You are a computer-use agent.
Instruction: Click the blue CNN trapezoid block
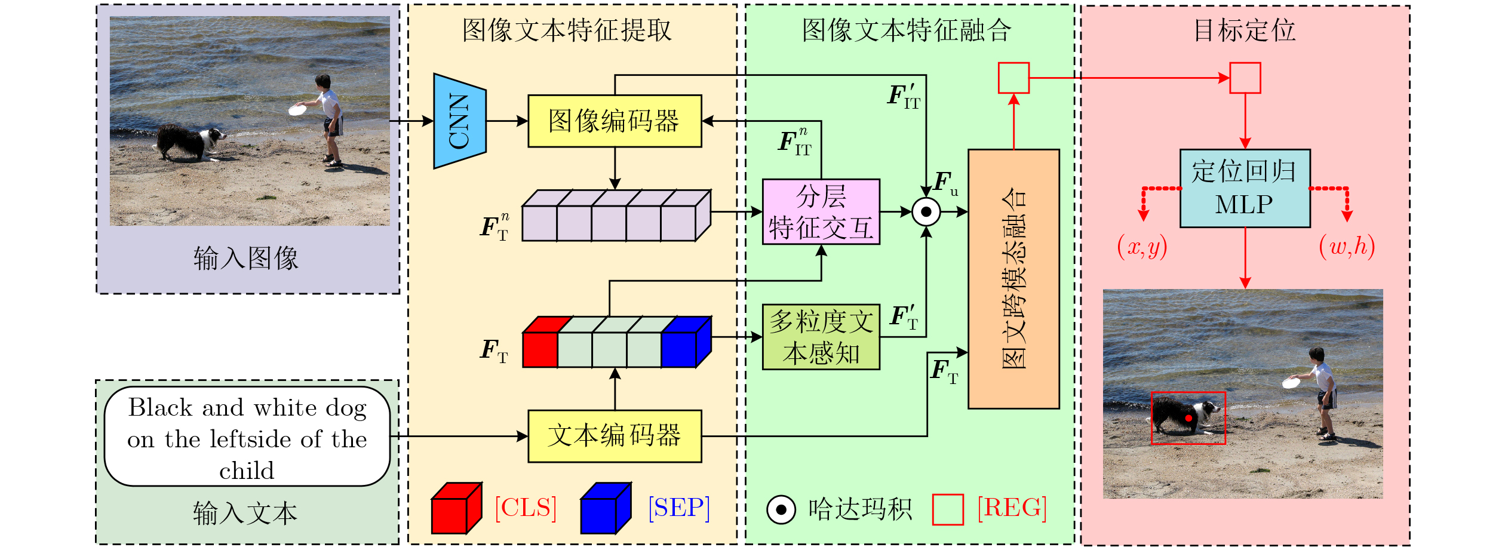(459, 121)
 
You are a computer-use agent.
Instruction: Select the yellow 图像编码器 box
(614, 121)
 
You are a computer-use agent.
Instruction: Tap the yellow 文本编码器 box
(614, 436)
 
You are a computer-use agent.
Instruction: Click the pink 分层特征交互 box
(821, 212)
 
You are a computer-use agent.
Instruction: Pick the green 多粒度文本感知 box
(821, 337)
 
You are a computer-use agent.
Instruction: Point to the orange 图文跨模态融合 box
(1013, 279)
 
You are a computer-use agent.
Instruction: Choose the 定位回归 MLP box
(1245, 189)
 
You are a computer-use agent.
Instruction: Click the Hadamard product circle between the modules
(926, 212)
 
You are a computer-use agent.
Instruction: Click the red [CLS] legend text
(526, 508)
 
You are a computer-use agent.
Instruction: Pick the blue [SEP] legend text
(679, 508)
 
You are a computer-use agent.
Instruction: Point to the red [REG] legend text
(1012, 508)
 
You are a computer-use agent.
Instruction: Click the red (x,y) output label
(1142, 247)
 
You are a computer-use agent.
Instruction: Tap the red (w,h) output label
(1347, 247)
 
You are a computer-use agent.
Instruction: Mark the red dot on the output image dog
(1188, 418)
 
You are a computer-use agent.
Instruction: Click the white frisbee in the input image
(297, 110)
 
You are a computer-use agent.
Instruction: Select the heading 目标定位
(1245, 30)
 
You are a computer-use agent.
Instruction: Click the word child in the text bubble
(247, 471)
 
